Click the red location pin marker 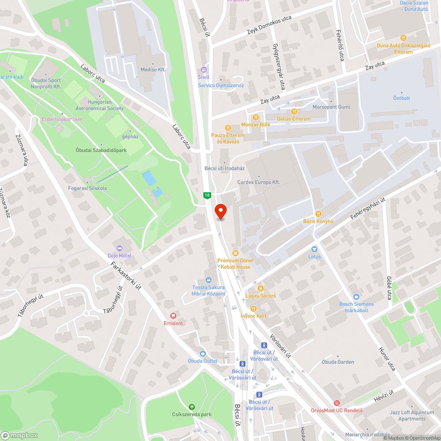[220, 211]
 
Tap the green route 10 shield [207, 195]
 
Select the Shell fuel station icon [203, 69]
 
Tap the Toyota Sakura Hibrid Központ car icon [209, 280]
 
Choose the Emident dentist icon [173, 316]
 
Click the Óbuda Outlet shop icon [202, 353]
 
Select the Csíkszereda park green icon [192, 407]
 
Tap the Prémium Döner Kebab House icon [235, 253]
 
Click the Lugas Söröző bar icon [260, 288]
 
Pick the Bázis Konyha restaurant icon [318, 213]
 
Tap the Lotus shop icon [314, 249]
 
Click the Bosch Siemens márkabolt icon [356, 297]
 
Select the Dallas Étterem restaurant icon [294, 112]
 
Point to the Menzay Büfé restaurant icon [255, 117]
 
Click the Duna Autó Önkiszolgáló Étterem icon [403, 38]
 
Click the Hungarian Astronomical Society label [105, 105]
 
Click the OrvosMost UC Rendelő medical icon [337, 403]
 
